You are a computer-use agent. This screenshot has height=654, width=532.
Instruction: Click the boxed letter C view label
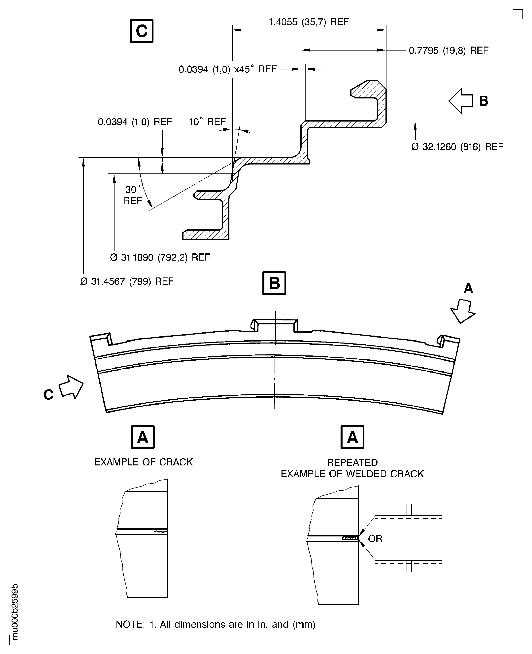(141, 31)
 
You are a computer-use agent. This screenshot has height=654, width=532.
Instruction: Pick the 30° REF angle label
(133, 195)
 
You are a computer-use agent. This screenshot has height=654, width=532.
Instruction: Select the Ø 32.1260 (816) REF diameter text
(457, 147)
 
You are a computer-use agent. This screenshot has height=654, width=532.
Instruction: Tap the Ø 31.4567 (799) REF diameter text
(127, 281)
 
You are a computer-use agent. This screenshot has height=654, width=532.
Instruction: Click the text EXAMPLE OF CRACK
(143, 462)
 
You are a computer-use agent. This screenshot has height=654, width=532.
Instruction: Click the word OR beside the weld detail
(375, 539)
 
